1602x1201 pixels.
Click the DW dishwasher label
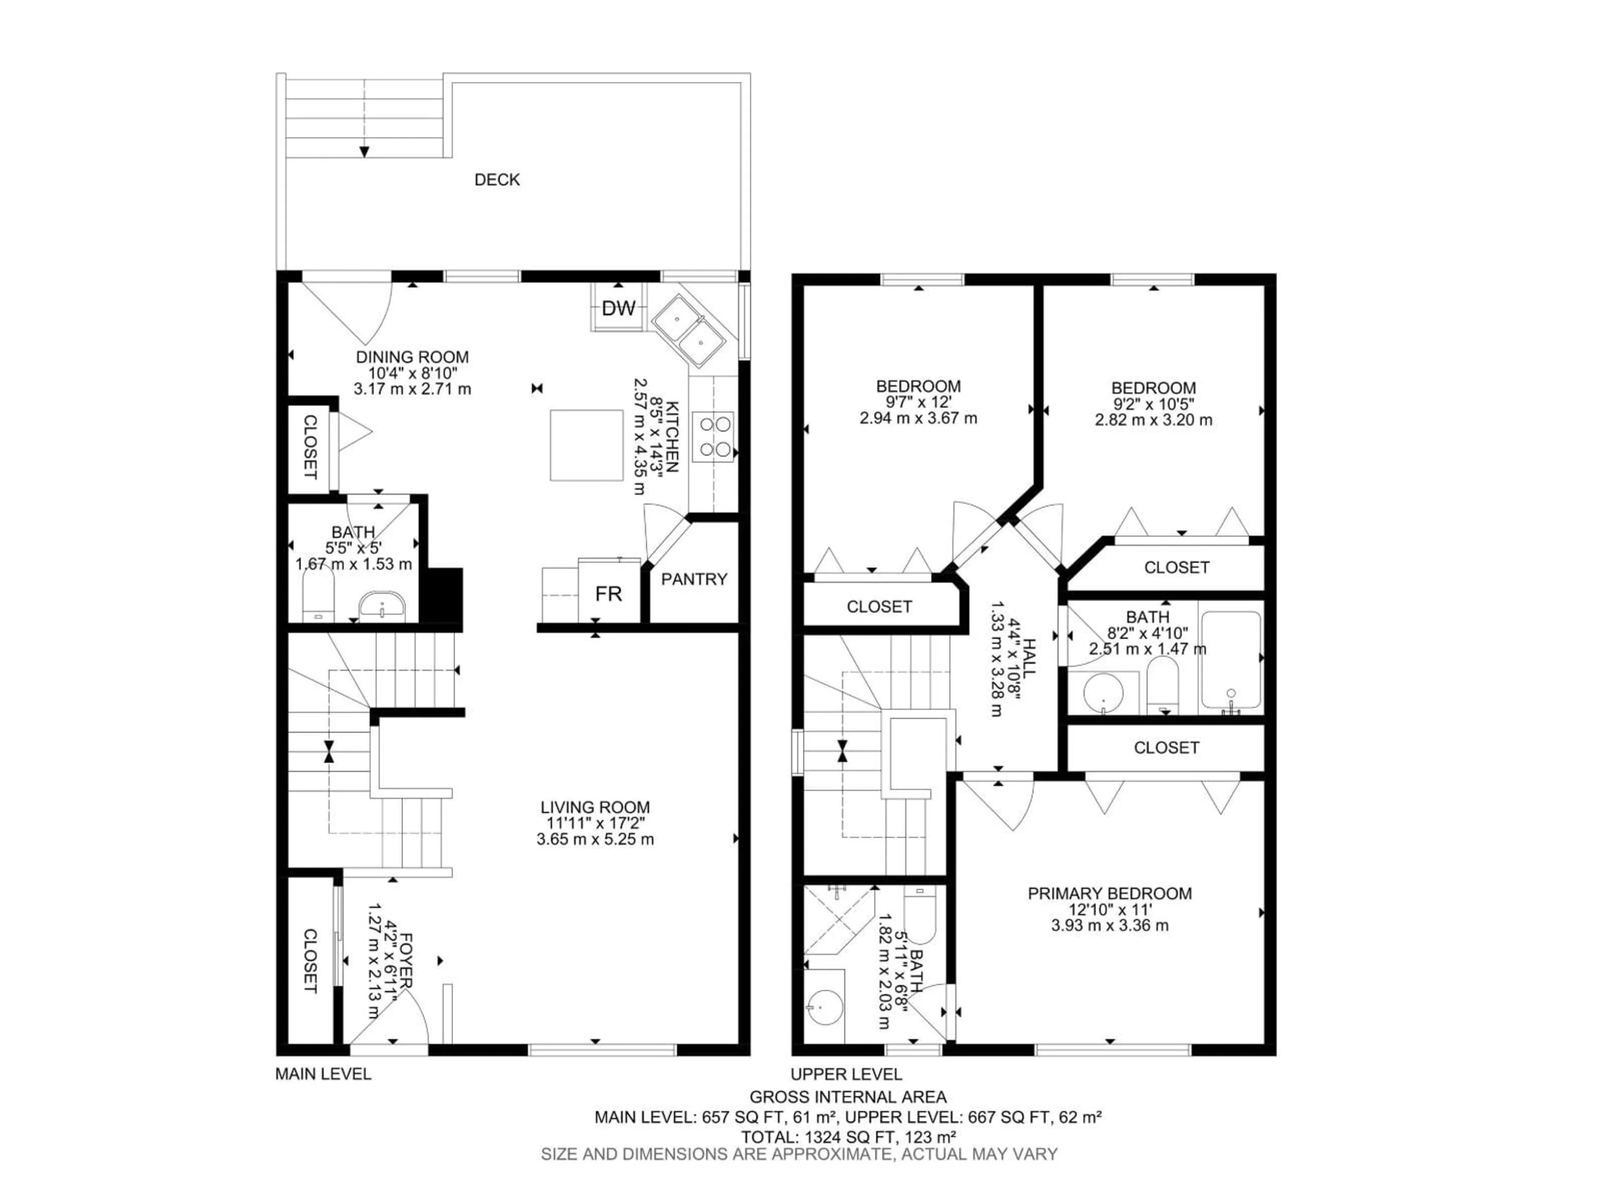[x=619, y=309]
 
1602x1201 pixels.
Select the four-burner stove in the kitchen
[x=713, y=437]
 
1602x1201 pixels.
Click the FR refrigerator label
[x=608, y=594]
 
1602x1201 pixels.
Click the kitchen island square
[x=586, y=445]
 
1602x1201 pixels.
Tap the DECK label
[x=497, y=180]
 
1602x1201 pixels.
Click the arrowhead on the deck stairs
[x=364, y=151]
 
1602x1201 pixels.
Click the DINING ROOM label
[x=412, y=357]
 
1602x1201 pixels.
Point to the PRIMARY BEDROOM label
[x=1110, y=893]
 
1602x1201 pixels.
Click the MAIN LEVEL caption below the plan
[x=323, y=1074]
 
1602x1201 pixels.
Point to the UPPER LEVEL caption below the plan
[x=846, y=1074]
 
